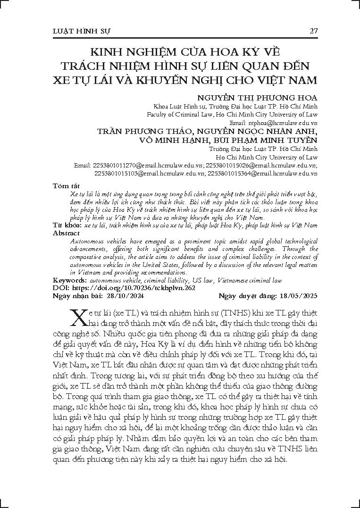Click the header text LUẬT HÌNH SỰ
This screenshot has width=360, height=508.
tap(81, 31)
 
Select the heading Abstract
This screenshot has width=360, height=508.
tap(67, 233)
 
